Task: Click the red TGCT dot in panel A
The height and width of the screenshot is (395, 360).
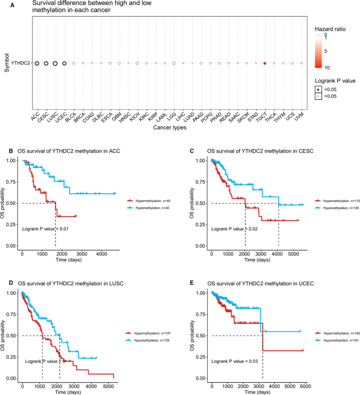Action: tap(265, 63)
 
